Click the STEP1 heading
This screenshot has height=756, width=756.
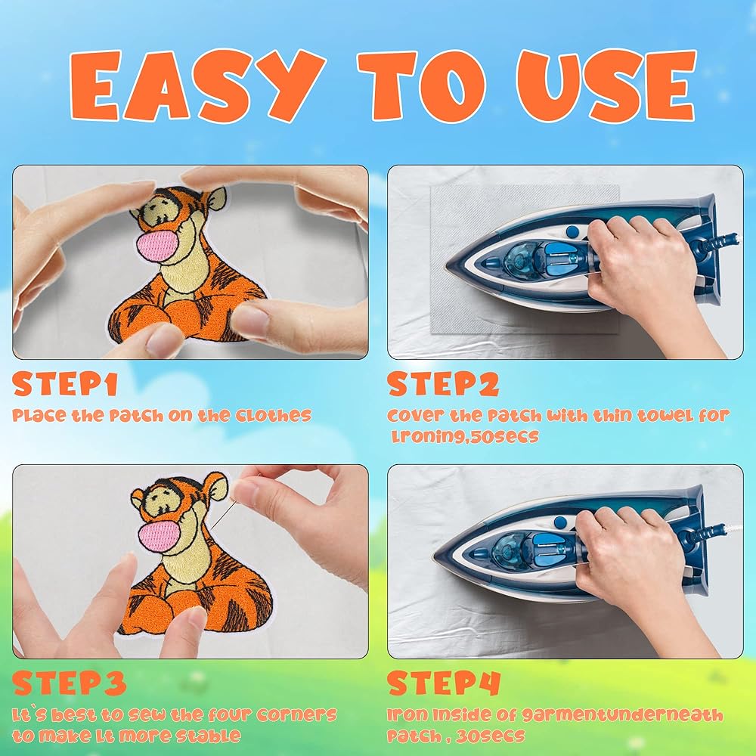[x=65, y=384]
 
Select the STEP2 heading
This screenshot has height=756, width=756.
[x=442, y=384]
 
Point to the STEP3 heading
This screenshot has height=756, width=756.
[x=70, y=683]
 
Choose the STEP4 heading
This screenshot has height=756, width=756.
[x=444, y=683]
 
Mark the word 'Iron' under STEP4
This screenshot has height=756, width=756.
[x=407, y=714]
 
